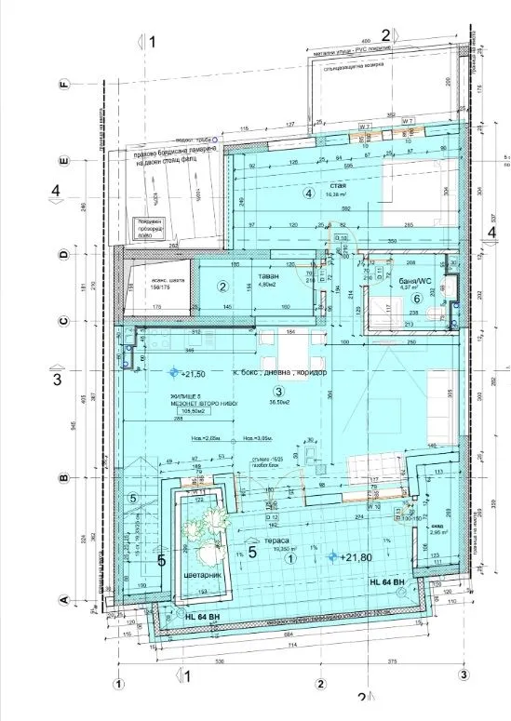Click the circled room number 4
[x=309, y=194]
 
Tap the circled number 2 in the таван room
[x=223, y=287]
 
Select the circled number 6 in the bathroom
[x=417, y=298]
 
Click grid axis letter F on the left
[x=64, y=85]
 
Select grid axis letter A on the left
[x=64, y=600]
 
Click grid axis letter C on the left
[x=64, y=322]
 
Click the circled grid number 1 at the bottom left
[x=118, y=682]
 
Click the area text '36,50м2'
[x=277, y=403]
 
